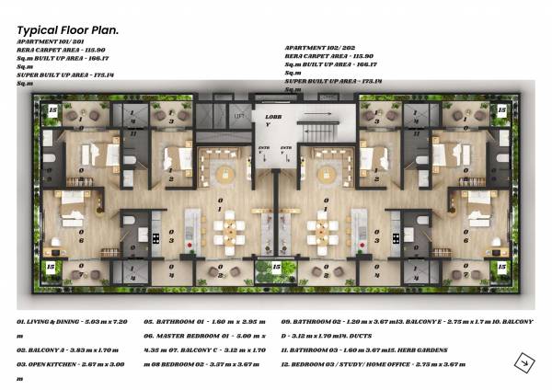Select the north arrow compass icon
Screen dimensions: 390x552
click(x=521, y=362)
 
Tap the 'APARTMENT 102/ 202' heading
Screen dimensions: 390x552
click(x=319, y=47)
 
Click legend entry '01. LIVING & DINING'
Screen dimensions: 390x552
click(x=83, y=323)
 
